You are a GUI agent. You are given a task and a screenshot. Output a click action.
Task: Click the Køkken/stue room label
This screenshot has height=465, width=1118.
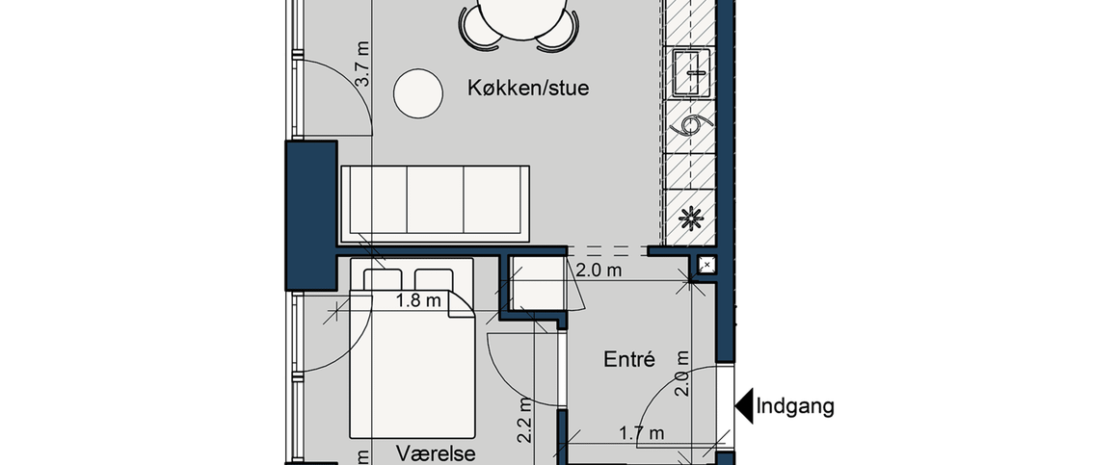[527, 89]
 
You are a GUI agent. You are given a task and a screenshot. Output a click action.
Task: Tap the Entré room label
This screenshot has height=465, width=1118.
[629, 360]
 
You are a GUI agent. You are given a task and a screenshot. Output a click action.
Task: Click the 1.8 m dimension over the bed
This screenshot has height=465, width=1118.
[418, 301]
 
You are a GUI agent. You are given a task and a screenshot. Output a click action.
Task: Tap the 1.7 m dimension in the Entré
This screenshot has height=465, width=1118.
[641, 434]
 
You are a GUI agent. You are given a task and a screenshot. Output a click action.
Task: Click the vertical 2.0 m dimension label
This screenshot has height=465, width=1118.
[681, 374]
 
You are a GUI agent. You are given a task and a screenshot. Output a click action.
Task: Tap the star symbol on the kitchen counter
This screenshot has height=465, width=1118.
[690, 218]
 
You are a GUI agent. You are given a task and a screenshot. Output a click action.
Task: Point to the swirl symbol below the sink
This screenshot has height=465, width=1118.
[691, 127]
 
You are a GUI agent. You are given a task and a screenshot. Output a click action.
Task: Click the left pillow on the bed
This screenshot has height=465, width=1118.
[383, 279]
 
